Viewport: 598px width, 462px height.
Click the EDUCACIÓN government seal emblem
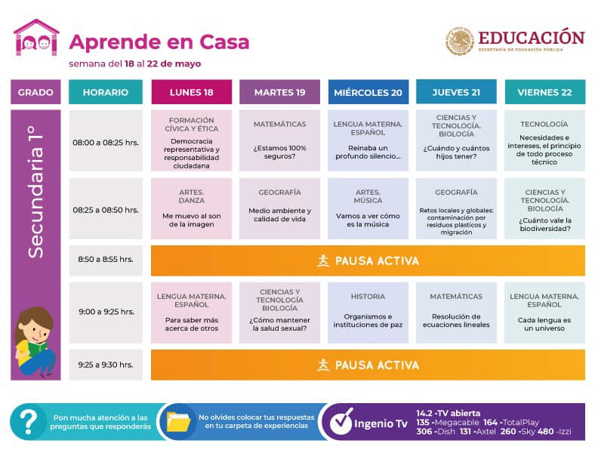(x=459, y=41)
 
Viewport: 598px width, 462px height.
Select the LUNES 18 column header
(x=191, y=92)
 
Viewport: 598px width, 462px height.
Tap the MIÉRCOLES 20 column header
(x=368, y=92)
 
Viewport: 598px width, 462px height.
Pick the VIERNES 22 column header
(x=544, y=92)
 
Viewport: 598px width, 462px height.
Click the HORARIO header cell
(x=106, y=92)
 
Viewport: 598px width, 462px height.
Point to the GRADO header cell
(x=35, y=92)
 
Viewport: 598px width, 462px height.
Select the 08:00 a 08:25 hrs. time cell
(x=106, y=141)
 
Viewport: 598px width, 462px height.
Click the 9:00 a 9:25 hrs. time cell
(x=106, y=311)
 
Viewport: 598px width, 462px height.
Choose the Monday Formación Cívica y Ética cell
(x=191, y=140)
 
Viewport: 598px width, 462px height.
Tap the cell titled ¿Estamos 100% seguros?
(x=279, y=140)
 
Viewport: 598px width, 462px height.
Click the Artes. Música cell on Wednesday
(x=368, y=208)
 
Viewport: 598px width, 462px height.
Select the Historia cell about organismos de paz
(x=368, y=311)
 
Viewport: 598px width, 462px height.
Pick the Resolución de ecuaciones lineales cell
(x=456, y=311)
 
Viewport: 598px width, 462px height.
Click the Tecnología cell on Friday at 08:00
(x=544, y=140)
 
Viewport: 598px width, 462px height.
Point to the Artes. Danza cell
(x=191, y=208)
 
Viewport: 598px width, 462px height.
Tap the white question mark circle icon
(x=29, y=421)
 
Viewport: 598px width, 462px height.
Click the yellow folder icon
(x=178, y=421)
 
